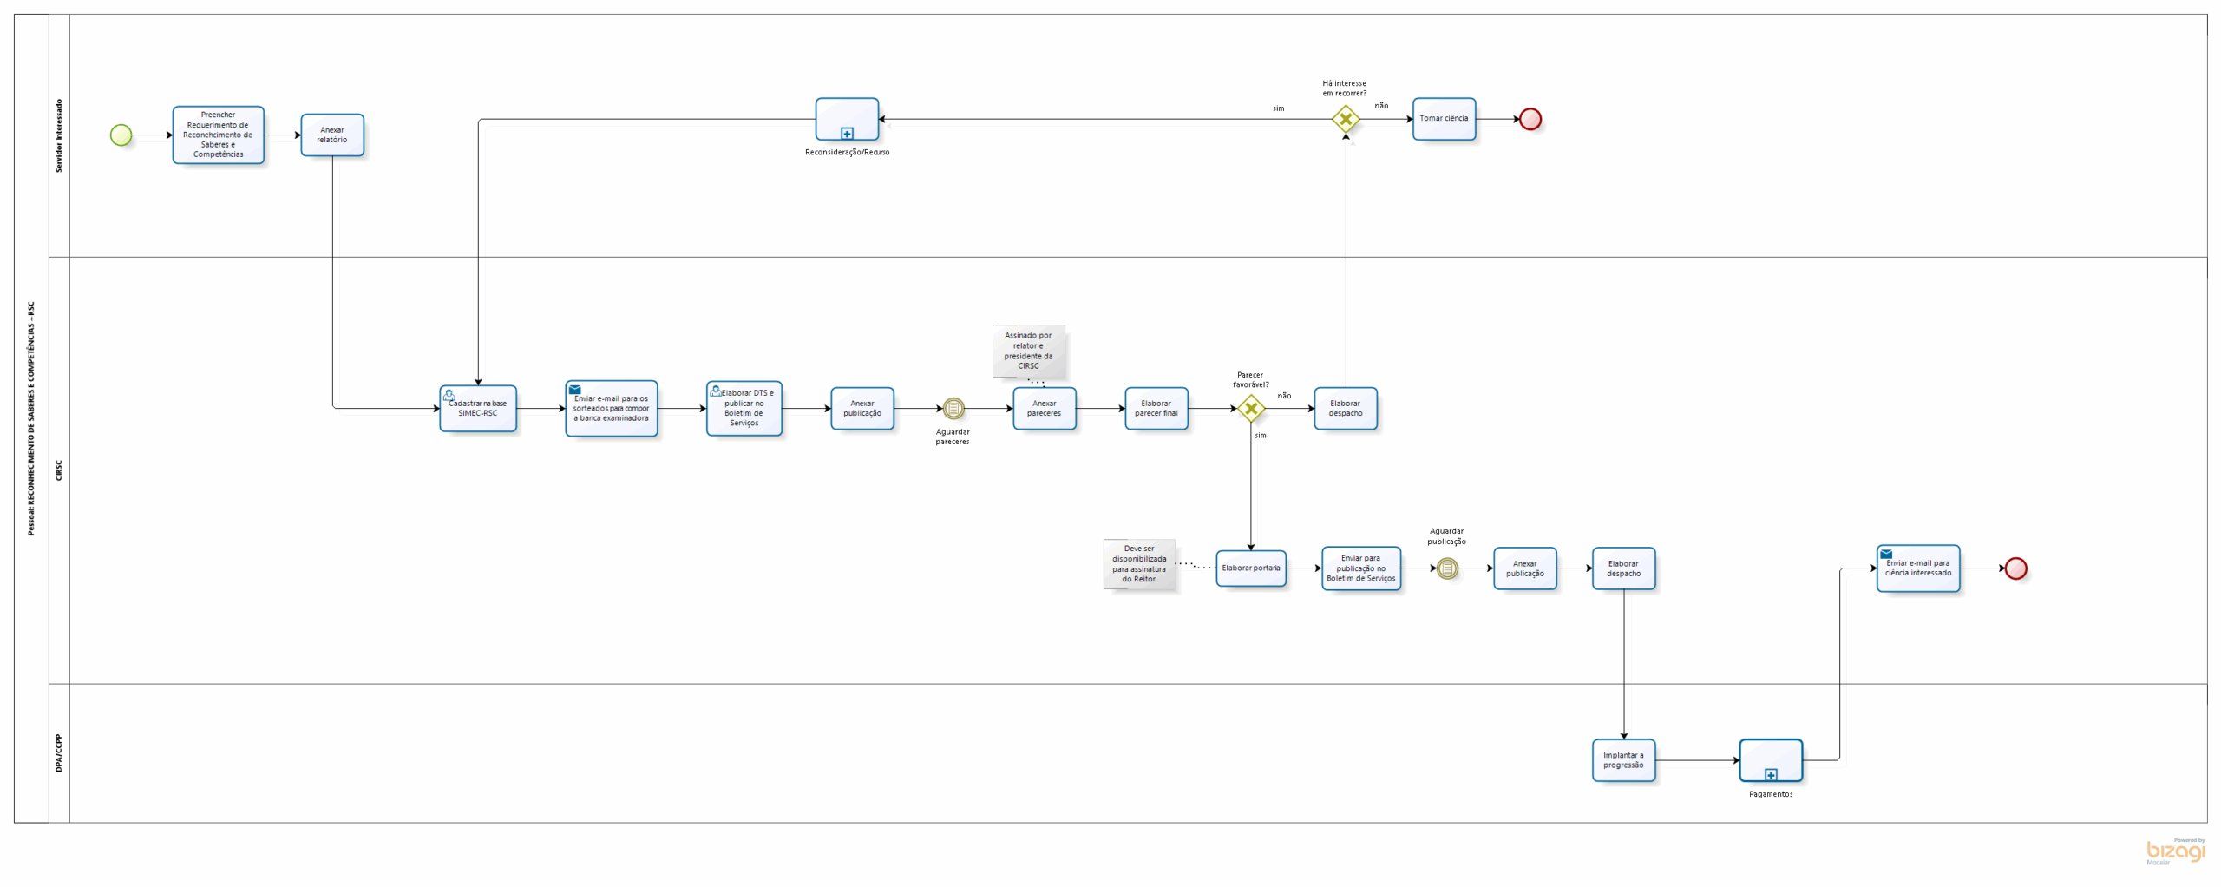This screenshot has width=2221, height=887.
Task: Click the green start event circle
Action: pyautogui.click(x=121, y=135)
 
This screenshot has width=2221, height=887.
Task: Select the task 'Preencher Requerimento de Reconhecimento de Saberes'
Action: pyautogui.click(x=218, y=135)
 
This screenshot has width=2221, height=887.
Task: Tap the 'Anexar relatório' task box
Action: pyautogui.click(x=332, y=135)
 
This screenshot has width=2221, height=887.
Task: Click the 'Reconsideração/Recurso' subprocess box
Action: pyautogui.click(x=847, y=119)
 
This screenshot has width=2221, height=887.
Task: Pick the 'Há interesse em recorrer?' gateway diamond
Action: pyautogui.click(x=1345, y=119)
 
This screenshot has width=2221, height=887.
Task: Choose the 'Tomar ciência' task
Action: pyautogui.click(x=1444, y=119)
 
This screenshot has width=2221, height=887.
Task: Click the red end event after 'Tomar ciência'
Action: pyautogui.click(x=1530, y=119)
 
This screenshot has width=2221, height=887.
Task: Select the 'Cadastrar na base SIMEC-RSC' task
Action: pyautogui.click(x=478, y=409)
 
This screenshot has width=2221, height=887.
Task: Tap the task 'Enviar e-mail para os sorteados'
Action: pyautogui.click(x=611, y=409)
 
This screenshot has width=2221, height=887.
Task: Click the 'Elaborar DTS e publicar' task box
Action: pyautogui.click(x=744, y=409)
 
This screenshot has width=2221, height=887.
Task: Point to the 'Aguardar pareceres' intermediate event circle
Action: pyautogui.click(x=953, y=409)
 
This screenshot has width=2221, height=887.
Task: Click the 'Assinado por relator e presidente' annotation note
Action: pyautogui.click(x=1028, y=351)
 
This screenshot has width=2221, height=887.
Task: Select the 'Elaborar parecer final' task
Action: pyautogui.click(x=1156, y=409)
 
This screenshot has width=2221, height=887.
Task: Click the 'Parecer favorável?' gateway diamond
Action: pyautogui.click(x=1250, y=409)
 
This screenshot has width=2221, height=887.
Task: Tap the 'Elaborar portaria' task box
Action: pyautogui.click(x=1250, y=568)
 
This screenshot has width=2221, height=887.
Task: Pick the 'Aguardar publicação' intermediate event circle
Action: pyautogui.click(x=1447, y=568)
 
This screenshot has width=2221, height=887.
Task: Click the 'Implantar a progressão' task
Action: pyautogui.click(x=1623, y=760)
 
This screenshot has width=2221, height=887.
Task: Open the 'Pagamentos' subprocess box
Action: pyautogui.click(x=1771, y=760)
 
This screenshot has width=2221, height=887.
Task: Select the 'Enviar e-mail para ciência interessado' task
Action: pyautogui.click(x=1917, y=568)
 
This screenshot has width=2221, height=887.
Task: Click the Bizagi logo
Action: pyautogui.click(x=2175, y=851)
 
